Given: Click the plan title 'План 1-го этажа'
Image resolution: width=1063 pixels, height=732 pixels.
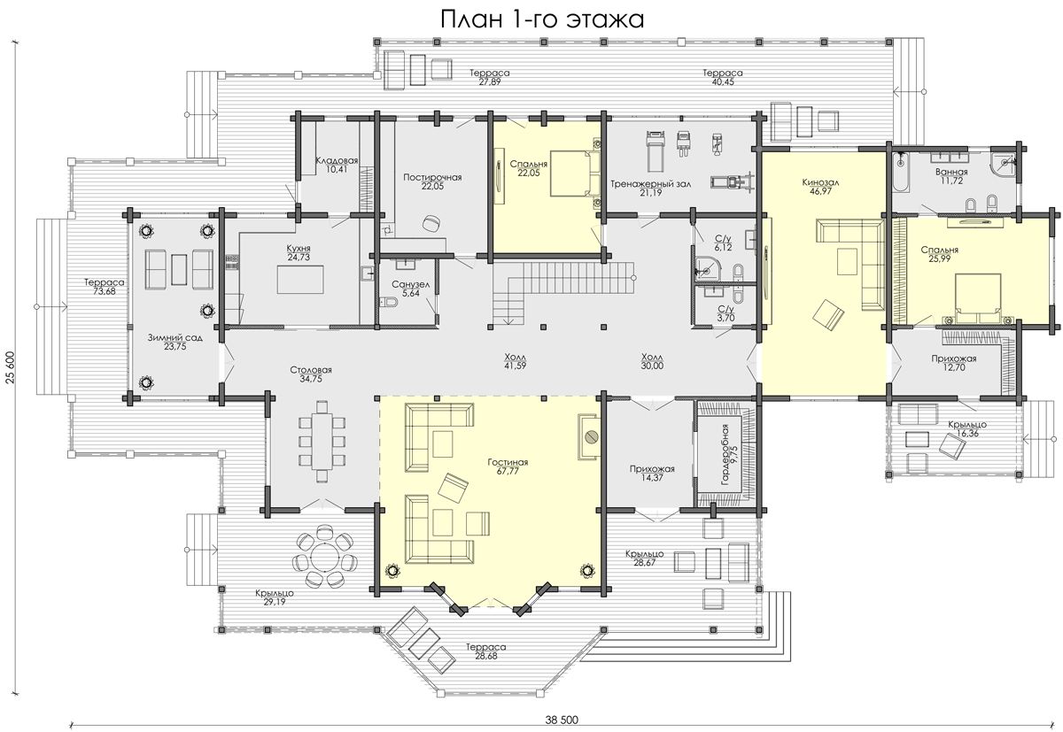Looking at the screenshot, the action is coord(542,19).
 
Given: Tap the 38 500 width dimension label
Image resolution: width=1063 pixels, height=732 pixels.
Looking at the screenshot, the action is coord(562,720).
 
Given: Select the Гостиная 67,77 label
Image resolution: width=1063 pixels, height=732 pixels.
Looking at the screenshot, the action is coord(508,466).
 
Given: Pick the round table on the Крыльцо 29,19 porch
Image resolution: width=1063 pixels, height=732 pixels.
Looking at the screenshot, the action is coord(324,555).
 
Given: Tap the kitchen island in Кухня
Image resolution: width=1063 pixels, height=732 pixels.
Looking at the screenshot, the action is coord(301,279).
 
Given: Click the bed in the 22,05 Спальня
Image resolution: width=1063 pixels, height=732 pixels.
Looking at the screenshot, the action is coord(572,173).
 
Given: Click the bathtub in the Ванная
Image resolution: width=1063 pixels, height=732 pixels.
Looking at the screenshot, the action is coord(900,173).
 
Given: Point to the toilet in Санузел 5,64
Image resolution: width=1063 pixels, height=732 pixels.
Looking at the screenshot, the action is coord(389,302).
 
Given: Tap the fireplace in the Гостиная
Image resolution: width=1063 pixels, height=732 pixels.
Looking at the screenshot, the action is coord(589,436).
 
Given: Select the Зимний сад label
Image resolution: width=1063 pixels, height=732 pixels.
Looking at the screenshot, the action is coord(175,338).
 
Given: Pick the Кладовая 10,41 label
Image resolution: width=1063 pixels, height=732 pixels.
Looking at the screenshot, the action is coord(337,165).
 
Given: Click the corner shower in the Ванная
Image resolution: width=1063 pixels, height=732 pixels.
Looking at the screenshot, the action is coord(1003,162).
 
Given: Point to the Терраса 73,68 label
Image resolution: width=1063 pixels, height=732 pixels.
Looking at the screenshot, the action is coord(105,287).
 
